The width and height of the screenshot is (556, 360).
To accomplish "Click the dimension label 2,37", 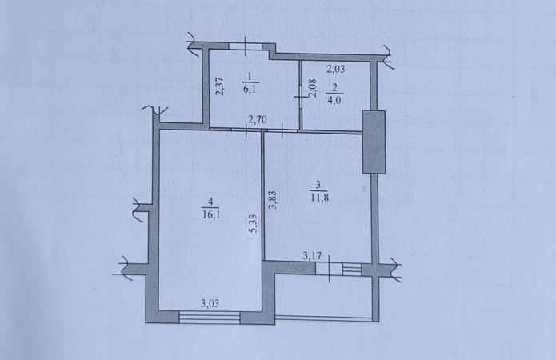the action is click(x=220, y=86).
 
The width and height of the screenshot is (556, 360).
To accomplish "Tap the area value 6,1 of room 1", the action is click(x=250, y=89).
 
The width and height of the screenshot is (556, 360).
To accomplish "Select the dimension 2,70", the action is click(x=258, y=119).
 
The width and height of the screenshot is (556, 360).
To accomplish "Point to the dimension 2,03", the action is click(x=335, y=69).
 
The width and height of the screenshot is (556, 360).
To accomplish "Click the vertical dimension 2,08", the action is click(x=312, y=88).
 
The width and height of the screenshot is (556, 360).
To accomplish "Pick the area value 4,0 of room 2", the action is click(x=334, y=100).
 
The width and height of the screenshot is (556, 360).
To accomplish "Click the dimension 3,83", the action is click(x=273, y=200).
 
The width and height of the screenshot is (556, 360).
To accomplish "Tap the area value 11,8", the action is click(x=319, y=198).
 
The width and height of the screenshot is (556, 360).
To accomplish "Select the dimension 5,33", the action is click(x=254, y=224).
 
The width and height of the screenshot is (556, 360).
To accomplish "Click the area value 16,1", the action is click(x=211, y=214).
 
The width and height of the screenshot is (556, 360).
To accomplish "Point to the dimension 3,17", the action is click(x=312, y=255).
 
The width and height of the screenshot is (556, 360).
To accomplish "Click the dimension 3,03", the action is click(x=210, y=303).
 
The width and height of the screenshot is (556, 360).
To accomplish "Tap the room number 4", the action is click(x=210, y=202).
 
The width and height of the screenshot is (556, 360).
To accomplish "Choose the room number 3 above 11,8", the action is click(x=318, y=185).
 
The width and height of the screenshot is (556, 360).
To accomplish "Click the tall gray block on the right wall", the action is click(x=374, y=142).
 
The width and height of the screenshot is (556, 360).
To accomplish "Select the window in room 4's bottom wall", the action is click(x=210, y=317).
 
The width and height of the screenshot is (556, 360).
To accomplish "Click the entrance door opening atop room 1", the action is click(x=246, y=46).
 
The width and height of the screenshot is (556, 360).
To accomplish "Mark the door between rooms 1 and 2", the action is click(x=300, y=96).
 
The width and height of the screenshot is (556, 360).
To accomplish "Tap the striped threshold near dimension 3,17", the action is click(x=352, y=269).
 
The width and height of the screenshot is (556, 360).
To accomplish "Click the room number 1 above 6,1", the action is click(x=250, y=77).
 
